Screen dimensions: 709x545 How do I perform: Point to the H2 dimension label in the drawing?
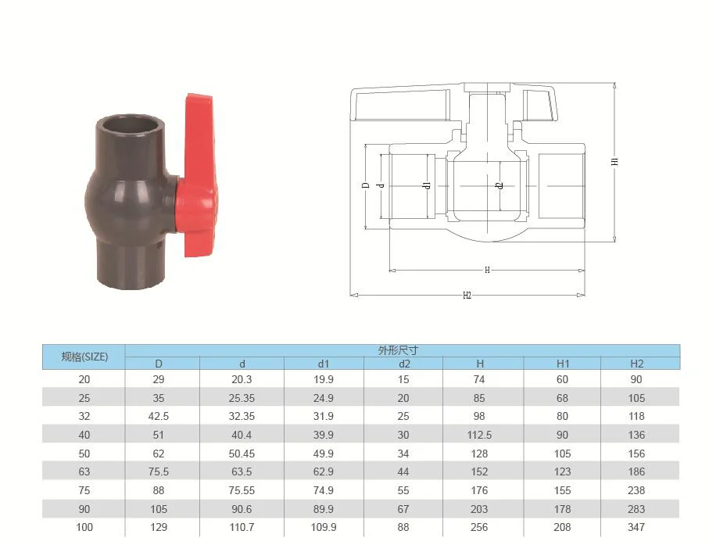click(x=467, y=296)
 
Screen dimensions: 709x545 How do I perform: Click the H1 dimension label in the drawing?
click(x=614, y=161)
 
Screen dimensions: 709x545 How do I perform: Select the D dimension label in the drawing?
click(x=367, y=185)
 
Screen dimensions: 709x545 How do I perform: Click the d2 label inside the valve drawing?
click(x=500, y=185)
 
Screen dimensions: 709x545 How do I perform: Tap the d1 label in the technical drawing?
click(x=428, y=185)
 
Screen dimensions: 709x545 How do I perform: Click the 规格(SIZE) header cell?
click(x=84, y=357)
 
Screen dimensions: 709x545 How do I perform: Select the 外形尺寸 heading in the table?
click(x=398, y=350)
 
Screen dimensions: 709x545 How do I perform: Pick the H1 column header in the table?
click(x=563, y=364)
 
